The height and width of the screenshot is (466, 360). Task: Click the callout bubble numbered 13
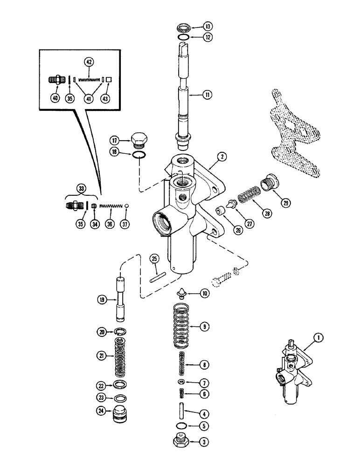[207, 26]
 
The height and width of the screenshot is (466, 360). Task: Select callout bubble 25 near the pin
[154, 259]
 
